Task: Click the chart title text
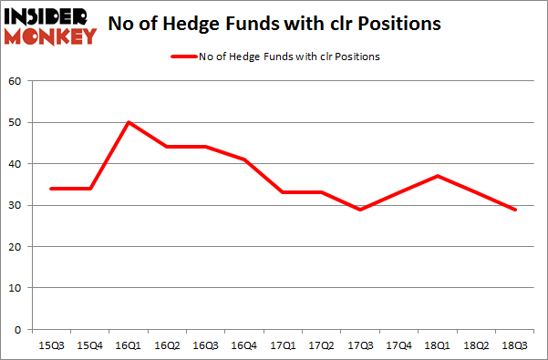tap(274, 25)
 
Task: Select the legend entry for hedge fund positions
tap(274, 57)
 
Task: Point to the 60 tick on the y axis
tap(16, 82)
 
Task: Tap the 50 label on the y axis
tap(16, 123)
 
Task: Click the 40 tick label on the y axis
tap(16, 164)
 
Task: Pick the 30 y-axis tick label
tap(16, 205)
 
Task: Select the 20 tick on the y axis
tap(16, 247)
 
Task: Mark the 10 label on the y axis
tap(16, 288)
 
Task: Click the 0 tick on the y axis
tap(19, 329)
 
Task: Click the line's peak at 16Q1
tap(129, 122)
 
